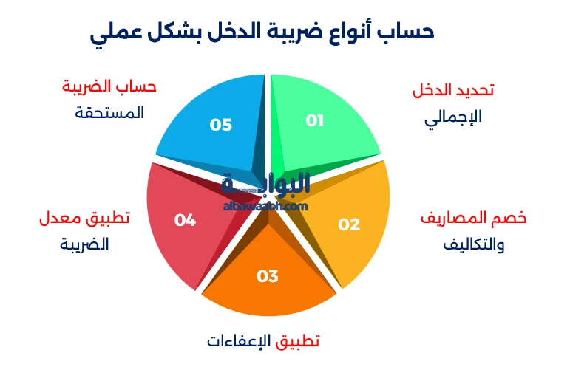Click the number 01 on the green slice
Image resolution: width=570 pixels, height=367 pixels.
click(x=315, y=120)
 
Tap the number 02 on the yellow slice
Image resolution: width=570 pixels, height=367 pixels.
click(x=349, y=224)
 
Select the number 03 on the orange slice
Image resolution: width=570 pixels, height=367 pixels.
click(x=268, y=276)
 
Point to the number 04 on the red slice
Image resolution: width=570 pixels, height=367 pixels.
click(x=185, y=219)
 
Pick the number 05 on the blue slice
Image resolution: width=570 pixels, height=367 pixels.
click(x=221, y=125)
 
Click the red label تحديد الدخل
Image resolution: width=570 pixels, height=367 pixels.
click(x=452, y=90)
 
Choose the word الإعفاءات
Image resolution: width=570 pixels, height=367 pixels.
click(x=240, y=341)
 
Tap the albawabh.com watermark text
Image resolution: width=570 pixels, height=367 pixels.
click(x=264, y=206)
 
